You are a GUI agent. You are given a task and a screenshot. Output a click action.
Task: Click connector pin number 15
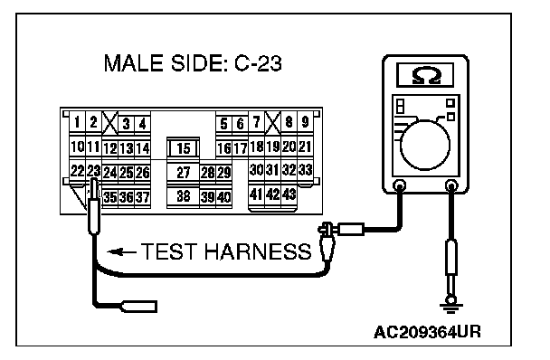183,147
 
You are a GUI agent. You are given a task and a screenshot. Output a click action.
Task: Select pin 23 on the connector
94,171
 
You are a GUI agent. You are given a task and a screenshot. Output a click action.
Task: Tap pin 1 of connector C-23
77,122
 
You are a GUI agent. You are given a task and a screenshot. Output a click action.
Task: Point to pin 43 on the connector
289,194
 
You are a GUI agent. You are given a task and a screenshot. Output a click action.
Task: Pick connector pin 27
183,172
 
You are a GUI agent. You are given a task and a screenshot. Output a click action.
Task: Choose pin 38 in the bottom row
183,196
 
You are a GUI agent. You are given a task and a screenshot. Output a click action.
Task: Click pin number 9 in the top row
305,122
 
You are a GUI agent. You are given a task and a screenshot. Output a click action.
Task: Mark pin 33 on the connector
305,170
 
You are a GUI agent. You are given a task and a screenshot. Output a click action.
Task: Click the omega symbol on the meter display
425,75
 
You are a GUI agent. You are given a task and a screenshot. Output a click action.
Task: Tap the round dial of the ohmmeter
425,145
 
